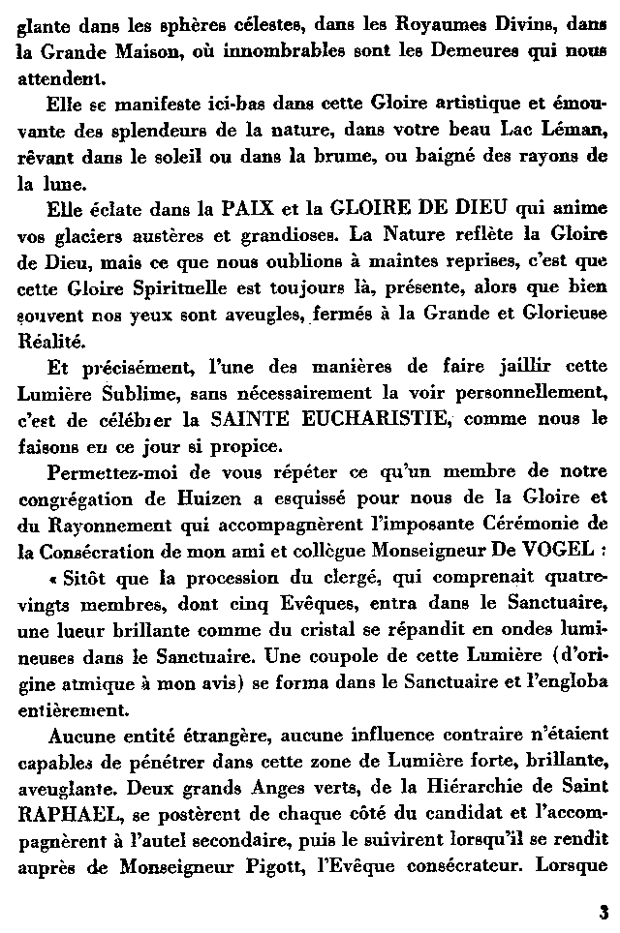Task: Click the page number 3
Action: click(x=604, y=911)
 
